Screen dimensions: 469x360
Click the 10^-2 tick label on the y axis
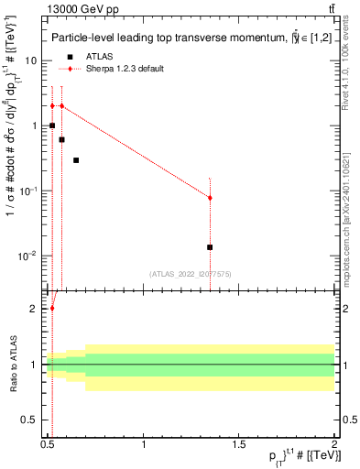(x=29, y=256)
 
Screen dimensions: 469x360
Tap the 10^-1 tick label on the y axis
(x=29, y=191)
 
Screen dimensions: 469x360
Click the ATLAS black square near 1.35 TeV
(x=211, y=247)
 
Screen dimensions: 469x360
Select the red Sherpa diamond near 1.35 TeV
(x=211, y=198)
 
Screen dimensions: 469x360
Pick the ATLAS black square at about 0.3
(x=76, y=160)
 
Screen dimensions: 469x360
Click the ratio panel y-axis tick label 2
(x=35, y=309)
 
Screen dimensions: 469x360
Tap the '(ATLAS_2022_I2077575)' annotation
(x=191, y=273)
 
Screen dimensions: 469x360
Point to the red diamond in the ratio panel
(x=52, y=309)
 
